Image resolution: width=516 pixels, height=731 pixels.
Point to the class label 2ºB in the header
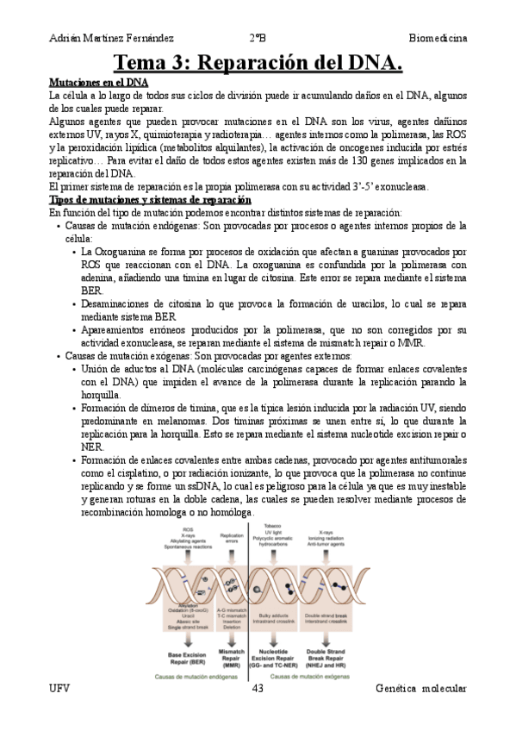(x=258, y=39)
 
